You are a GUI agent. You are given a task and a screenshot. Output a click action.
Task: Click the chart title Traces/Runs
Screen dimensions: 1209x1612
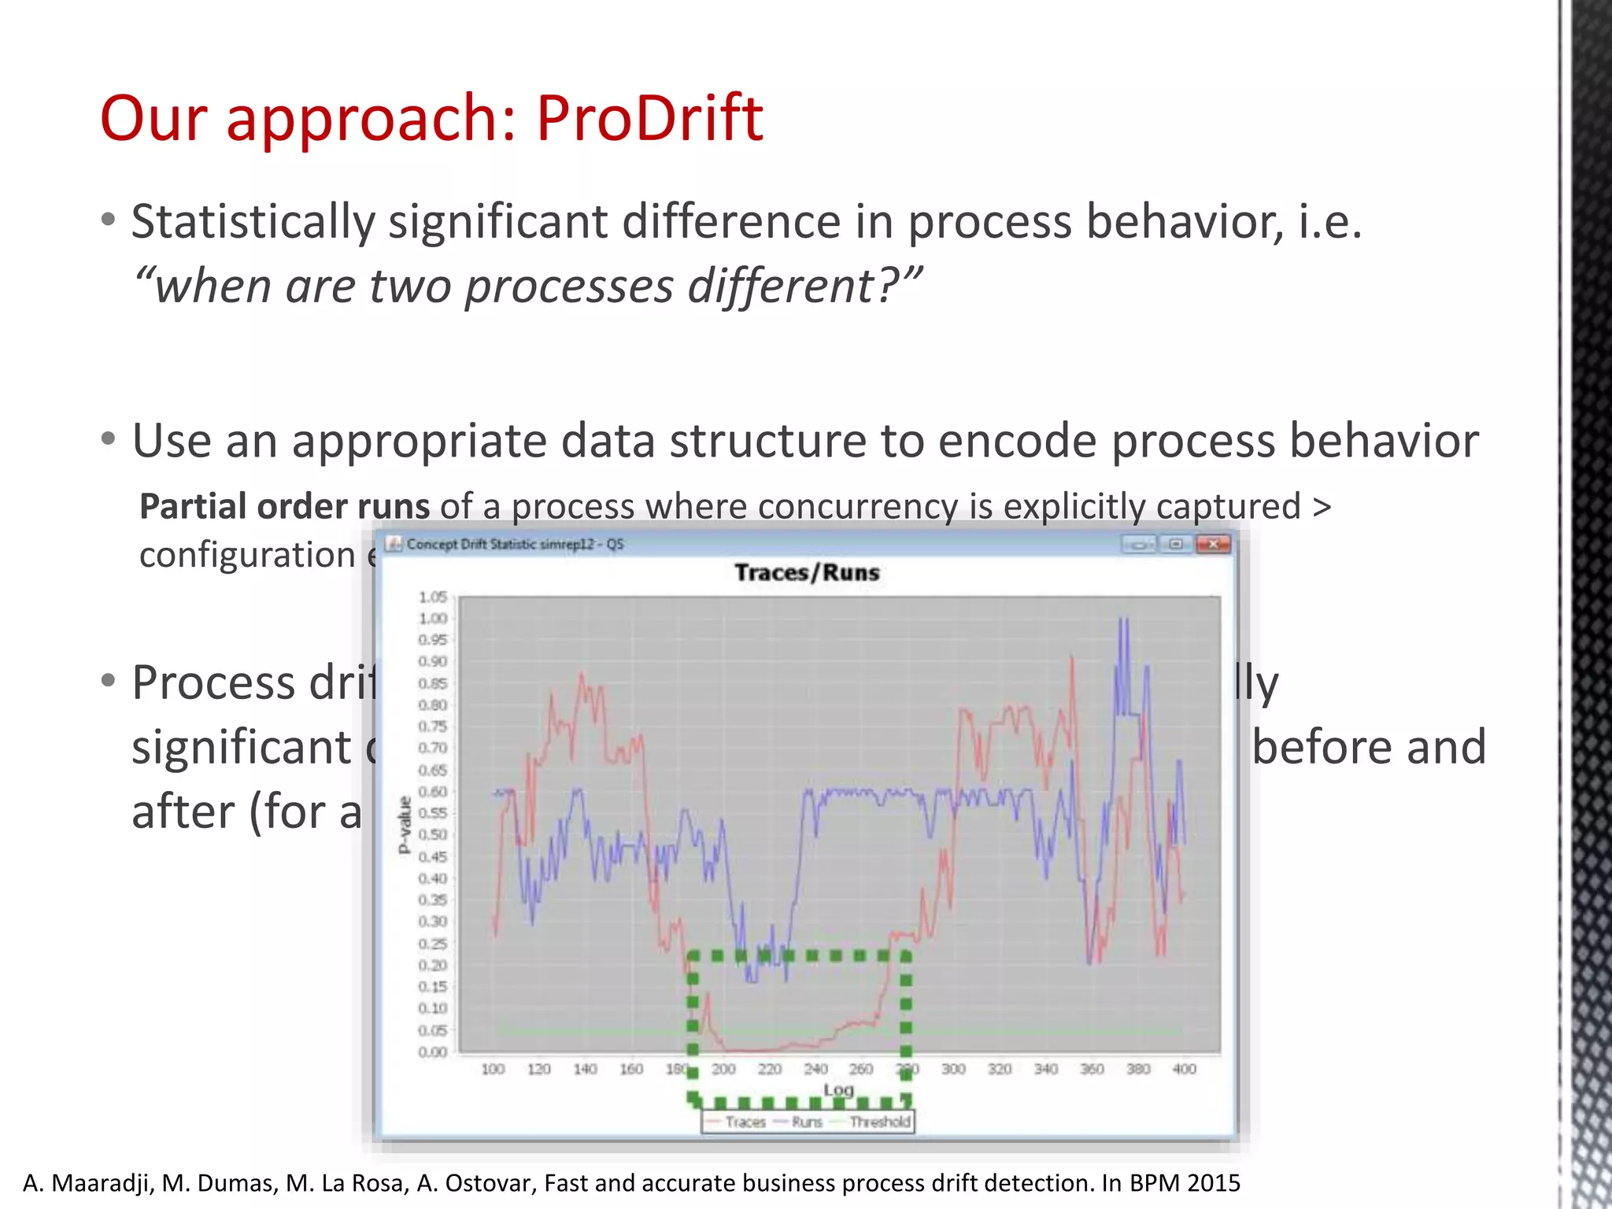[x=806, y=572]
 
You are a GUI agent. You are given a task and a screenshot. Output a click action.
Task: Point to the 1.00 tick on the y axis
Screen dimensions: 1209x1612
[x=433, y=619]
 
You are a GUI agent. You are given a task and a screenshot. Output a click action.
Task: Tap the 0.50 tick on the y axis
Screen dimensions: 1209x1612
[x=433, y=834]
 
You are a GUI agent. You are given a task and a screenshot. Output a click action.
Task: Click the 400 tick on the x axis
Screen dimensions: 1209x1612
[x=1184, y=1069]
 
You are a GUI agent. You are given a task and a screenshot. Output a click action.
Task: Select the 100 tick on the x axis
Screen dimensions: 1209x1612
[x=493, y=1069]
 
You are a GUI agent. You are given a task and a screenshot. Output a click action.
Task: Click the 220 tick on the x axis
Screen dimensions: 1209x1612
[x=769, y=1069]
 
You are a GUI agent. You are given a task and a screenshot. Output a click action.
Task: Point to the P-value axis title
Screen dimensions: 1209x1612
[x=405, y=825]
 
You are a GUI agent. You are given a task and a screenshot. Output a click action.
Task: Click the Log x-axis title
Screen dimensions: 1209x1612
[x=838, y=1090]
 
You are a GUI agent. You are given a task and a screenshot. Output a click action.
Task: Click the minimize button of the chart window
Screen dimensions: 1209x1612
[x=1138, y=544]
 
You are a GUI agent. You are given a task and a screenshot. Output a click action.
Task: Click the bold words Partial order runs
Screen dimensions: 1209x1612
[x=284, y=506]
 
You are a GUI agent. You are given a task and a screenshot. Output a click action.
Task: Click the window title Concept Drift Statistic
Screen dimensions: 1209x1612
[x=471, y=544]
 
